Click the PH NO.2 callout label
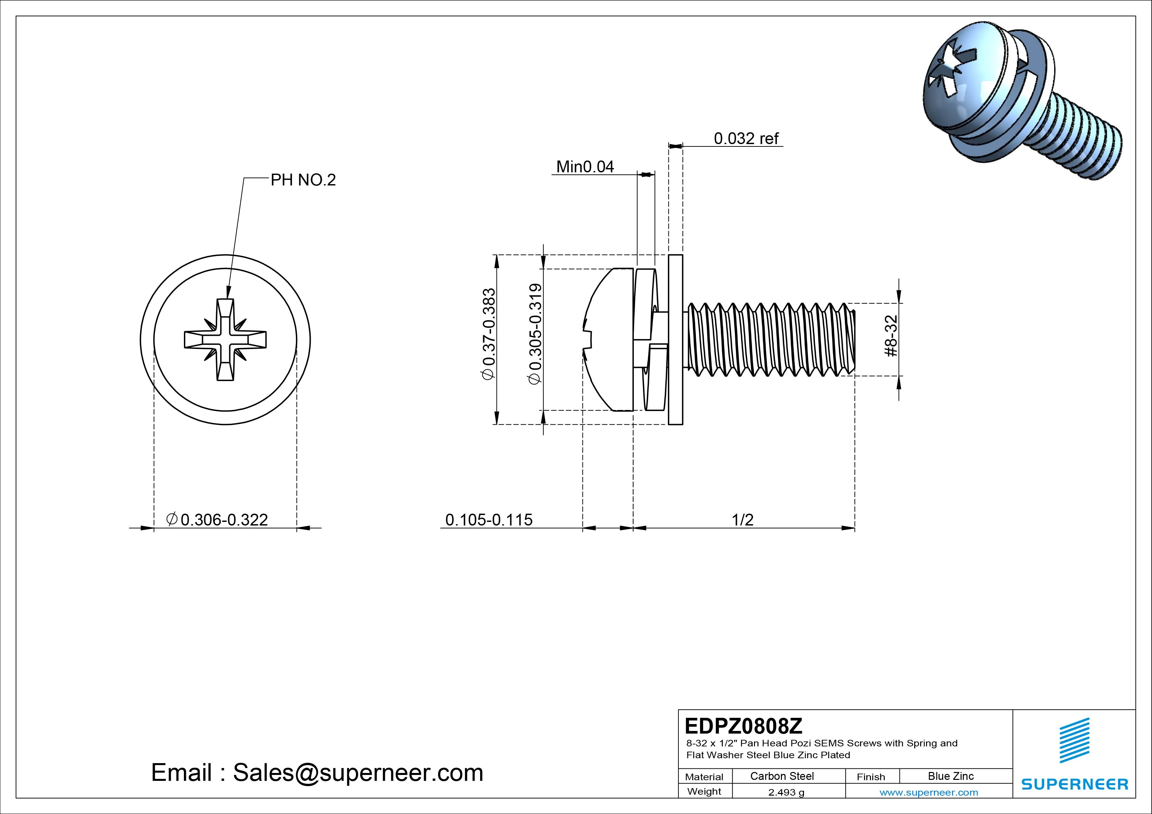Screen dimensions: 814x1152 pyautogui.click(x=303, y=180)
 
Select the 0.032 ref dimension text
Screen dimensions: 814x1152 pyautogui.click(x=746, y=139)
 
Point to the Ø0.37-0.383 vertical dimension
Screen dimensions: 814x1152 pyautogui.click(x=489, y=334)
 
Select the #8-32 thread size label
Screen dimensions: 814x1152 pyautogui.click(x=891, y=336)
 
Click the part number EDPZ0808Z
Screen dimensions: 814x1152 pyautogui.click(x=743, y=725)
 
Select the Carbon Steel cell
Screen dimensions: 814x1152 pyautogui.click(x=782, y=776)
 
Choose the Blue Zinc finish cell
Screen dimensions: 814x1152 pyautogui.click(x=951, y=776)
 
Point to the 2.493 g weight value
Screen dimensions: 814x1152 pyautogui.click(x=786, y=792)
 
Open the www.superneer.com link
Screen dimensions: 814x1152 pyautogui.click(x=929, y=792)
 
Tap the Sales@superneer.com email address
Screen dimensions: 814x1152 pyautogui.click(x=358, y=773)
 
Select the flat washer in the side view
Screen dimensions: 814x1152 pyautogui.click(x=676, y=339)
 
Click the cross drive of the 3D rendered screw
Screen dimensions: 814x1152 pyautogui.click(x=951, y=80)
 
